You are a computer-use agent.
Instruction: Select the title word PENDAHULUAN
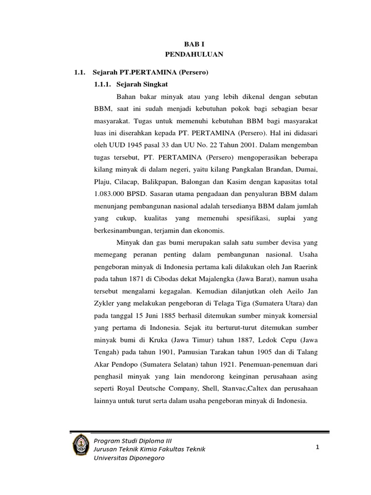(190, 54)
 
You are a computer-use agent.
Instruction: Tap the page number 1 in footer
(317, 448)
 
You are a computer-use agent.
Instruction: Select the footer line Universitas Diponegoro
(129, 458)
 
